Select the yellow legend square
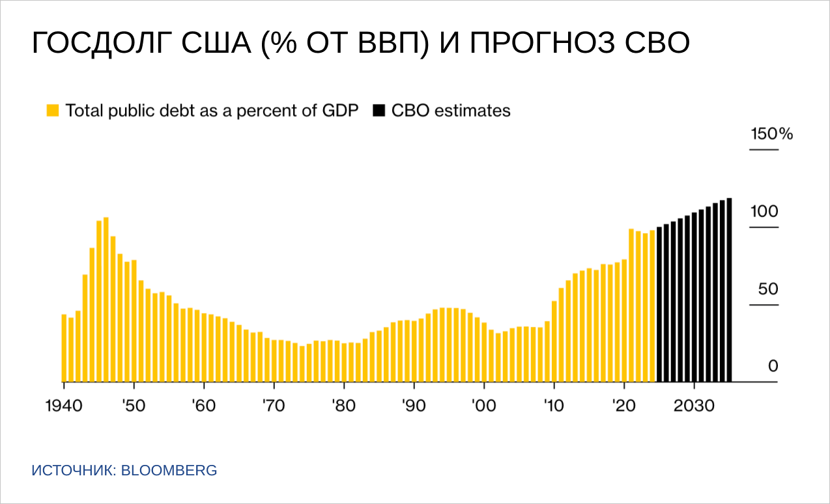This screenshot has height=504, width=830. pyautogui.click(x=53, y=110)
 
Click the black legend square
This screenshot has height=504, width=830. pyautogui.click(x=379, y=110)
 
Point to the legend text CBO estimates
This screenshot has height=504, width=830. pyautogui.click(x=451, y=110)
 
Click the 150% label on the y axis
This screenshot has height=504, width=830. pyautogui.click(x=771, y=134)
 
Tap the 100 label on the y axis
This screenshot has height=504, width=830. pyautogui.click(x=764, y=212)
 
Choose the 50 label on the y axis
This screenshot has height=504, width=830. pyautogui.click(x=768, y=289)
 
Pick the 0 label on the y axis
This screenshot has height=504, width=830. pyautogui.click(x=773, y=367)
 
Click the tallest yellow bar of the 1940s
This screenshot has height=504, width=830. pyautogui.click(x=106, y=300)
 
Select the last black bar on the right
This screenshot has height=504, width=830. pyautogui.click(x=729, y=290)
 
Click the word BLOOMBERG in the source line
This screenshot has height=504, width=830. pyautogui.click(x=169, y=470)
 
